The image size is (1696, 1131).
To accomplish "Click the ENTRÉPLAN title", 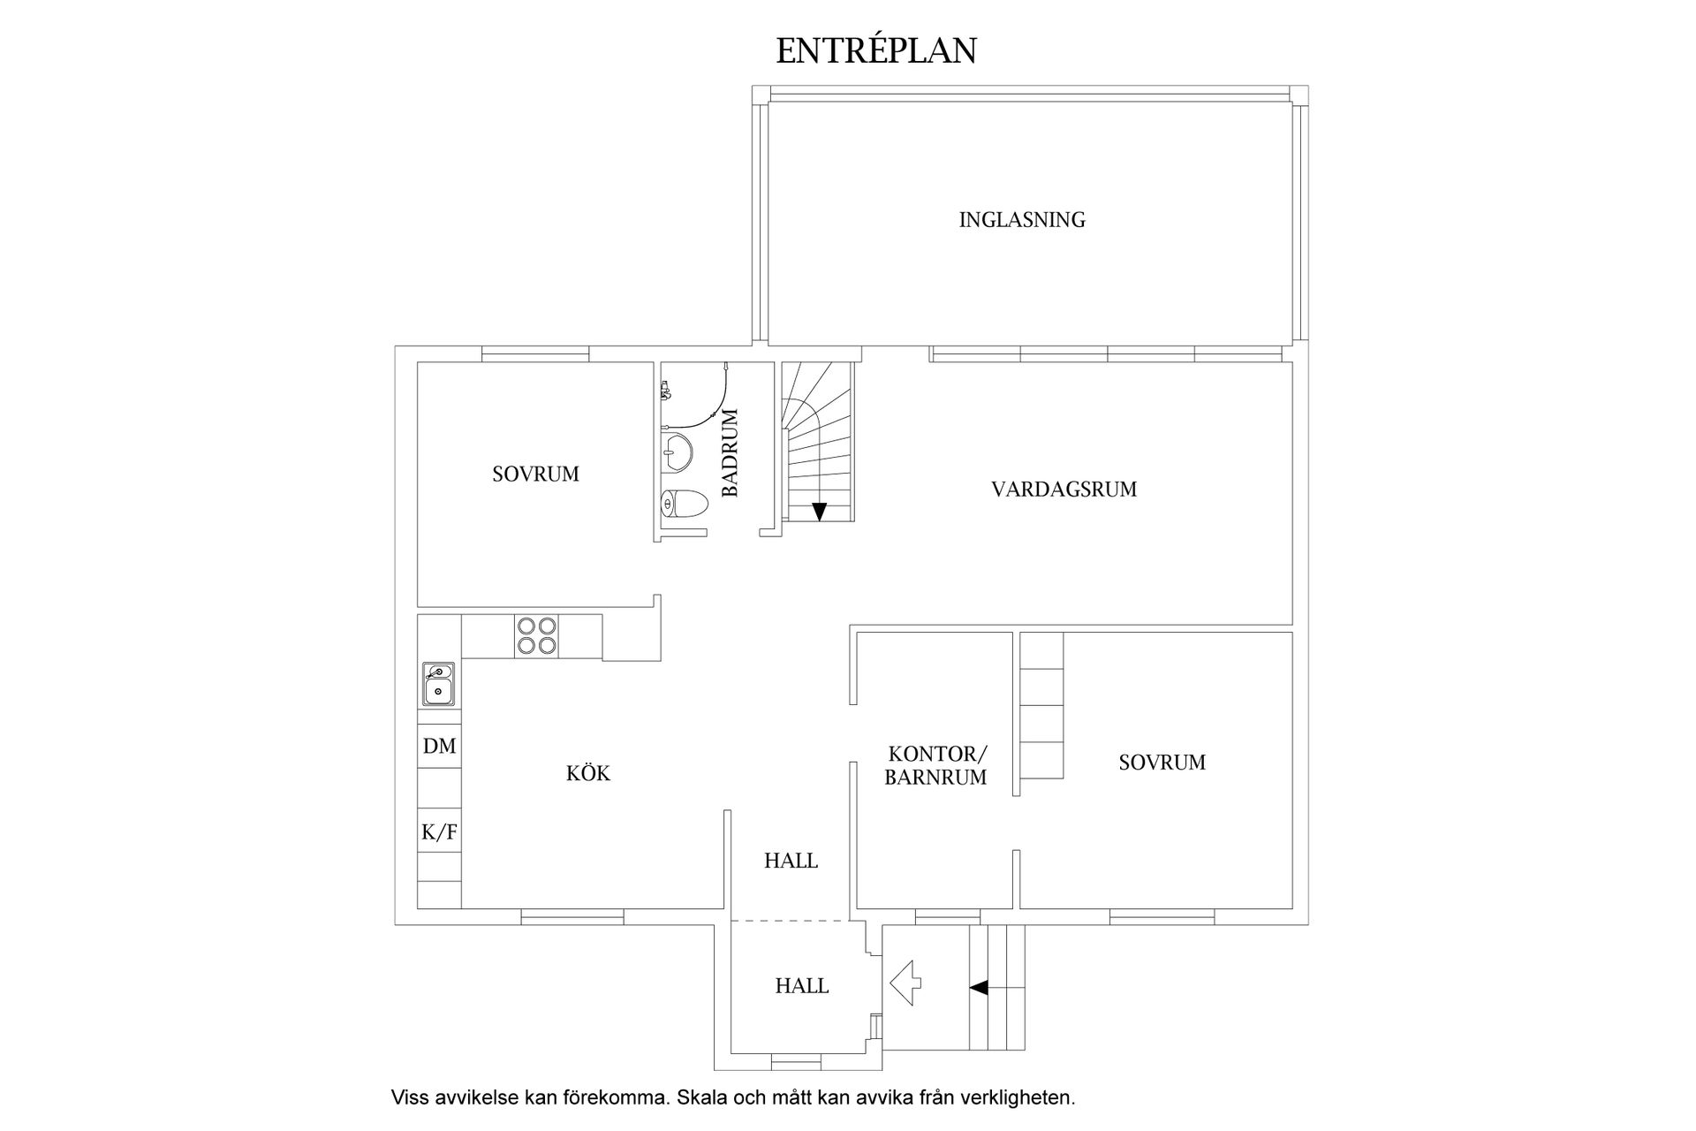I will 875,50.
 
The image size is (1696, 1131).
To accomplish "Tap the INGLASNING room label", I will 1022,220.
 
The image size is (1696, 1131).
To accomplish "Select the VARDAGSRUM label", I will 1064,490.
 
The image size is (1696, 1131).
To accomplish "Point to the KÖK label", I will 588,774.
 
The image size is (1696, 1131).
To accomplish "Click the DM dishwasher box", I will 439,747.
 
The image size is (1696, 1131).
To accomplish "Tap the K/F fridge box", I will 439,831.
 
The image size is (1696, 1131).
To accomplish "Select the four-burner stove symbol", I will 536,635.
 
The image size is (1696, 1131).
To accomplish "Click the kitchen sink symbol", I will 438,684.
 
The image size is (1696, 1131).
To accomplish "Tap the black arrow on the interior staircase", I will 819,511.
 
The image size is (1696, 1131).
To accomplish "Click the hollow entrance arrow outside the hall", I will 905,983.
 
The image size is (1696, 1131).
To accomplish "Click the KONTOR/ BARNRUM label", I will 936,766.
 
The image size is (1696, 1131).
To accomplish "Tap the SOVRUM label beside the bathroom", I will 535,474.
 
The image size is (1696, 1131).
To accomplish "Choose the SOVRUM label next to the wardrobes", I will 1162,763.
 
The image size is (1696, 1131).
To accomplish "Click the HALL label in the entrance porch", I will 802,986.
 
